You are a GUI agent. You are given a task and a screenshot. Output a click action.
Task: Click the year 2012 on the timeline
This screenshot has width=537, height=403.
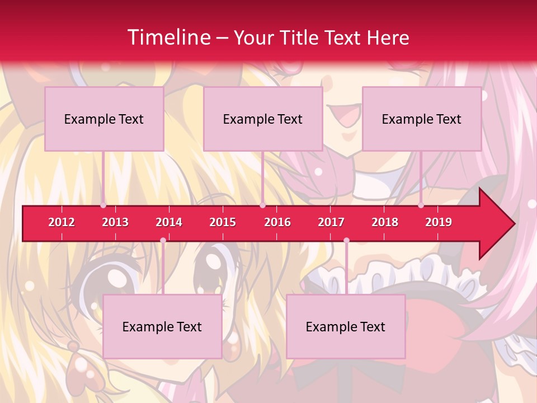coord(62,222)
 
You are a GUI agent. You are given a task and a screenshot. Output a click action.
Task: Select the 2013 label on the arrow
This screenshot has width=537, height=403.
coord(115,222)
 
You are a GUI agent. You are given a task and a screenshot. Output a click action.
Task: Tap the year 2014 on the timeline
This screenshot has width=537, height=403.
coord(169,222)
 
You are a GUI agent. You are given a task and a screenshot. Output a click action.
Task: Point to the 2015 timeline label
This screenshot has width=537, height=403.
coord(223,222)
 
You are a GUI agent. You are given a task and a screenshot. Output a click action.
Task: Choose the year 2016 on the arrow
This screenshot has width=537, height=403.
coord(277,222)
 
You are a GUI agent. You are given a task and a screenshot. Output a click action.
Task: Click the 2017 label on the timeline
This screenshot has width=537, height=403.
coord(331,222)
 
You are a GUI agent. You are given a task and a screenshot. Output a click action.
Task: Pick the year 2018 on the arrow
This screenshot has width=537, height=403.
coord(385,222)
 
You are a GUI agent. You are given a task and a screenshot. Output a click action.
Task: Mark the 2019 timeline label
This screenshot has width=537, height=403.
coord(439,222)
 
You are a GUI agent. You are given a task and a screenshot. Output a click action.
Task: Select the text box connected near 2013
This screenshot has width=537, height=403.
coord(104,119)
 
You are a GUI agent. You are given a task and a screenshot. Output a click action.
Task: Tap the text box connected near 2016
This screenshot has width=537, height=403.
coord(263,119)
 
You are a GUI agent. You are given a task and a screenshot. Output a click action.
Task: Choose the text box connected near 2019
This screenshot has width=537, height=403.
coord(422,119)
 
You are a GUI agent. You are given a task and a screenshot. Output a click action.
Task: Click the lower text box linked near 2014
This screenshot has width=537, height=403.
coord(162,327)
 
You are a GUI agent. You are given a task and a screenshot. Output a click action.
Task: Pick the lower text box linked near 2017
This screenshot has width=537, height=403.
coord(346,327)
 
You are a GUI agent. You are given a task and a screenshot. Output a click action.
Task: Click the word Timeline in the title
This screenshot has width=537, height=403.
coord(168,38)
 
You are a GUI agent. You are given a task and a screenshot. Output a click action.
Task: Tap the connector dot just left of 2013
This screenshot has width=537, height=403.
coord(103,205)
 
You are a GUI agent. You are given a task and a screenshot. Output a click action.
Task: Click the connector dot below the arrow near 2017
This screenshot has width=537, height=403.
coord(346,241)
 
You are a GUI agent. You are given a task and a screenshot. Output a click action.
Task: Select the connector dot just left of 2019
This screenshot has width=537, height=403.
coord(421,205)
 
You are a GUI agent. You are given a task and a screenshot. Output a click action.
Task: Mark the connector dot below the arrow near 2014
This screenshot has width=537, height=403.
coord(163,241)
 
